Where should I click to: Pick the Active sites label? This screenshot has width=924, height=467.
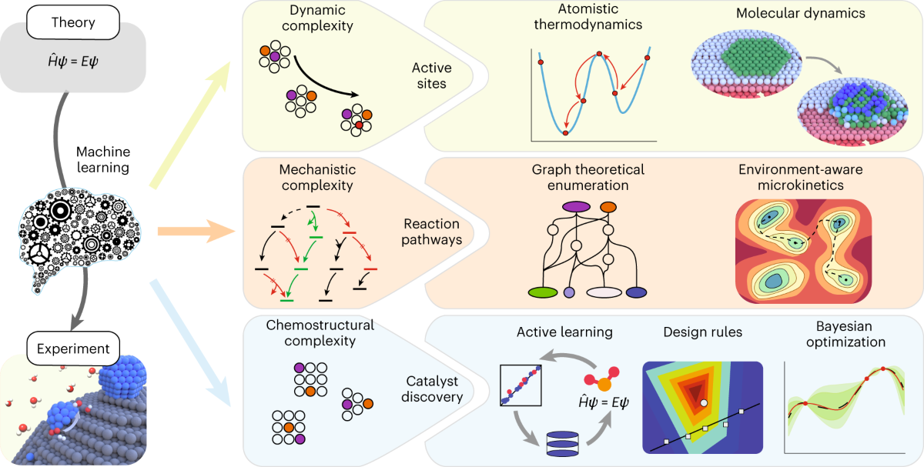pyautogui.click(x=431, y=75)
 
